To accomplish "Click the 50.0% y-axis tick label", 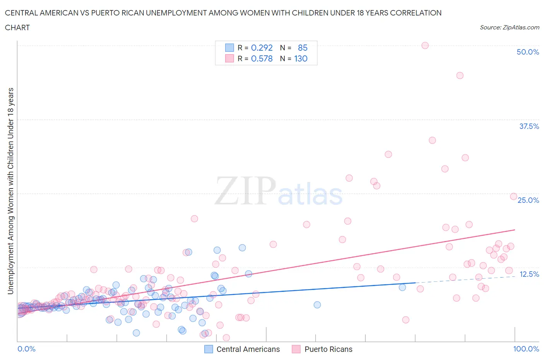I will coord(527,52).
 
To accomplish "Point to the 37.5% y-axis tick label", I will coord(529,126).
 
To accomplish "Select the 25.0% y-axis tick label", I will coord(528,200).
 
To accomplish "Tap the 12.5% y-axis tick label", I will coord(529,274).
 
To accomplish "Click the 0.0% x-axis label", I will coord(26,349).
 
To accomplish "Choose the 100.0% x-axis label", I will coord(526,349).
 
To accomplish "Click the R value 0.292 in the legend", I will coord(262,48).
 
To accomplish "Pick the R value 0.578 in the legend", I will coord(262,59).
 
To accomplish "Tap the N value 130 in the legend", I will coord(301,59).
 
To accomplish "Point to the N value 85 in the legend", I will coord(303,48).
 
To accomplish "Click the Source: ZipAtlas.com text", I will coord(509,27).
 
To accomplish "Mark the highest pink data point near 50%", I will coord(425,45).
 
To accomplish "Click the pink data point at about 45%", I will coord(460,75).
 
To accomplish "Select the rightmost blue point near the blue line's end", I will coord(402,287).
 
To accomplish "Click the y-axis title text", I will coord(10,191).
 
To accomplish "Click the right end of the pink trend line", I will coord(515,230).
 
